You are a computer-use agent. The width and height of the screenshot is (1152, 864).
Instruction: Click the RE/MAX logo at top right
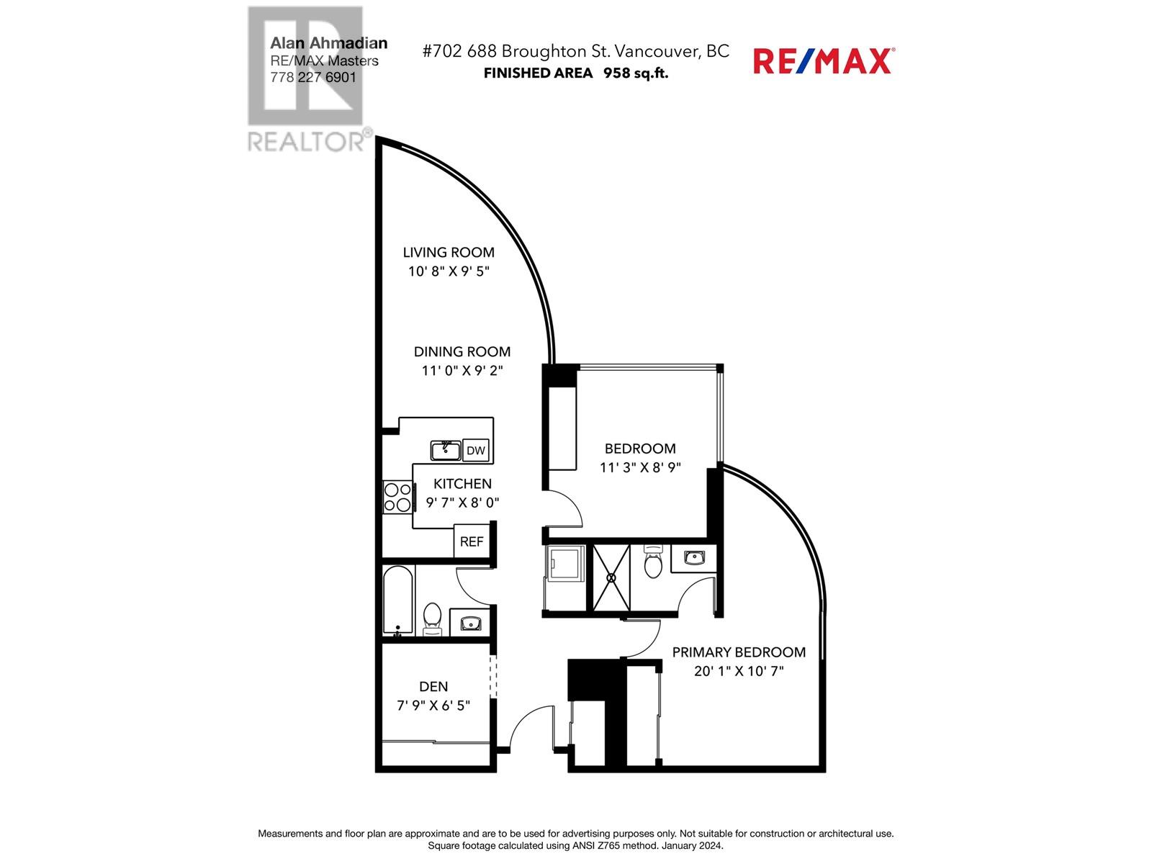click(x=823, y=60)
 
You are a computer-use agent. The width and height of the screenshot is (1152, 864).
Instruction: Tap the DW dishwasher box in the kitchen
click(x=475, y=451)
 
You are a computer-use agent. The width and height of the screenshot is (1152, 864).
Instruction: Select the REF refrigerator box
click(x=472, y=541)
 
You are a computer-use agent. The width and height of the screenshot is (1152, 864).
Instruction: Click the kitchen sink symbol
click(x=446, y=451)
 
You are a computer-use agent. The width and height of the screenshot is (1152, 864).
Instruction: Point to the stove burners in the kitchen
click(x=397, y=497)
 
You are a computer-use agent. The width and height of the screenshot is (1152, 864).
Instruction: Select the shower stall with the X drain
click(x=611, y=577)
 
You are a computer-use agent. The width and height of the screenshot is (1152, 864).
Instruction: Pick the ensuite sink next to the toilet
click(x=693, y=558)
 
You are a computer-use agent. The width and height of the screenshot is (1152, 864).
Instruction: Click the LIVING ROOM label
click(x=449, y=252)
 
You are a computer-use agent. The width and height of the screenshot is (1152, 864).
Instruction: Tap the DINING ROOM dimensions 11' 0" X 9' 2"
click(x=462, y=371)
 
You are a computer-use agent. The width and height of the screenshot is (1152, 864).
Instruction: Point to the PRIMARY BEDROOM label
click(x=739, y=652)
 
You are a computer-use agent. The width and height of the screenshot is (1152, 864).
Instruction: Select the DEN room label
click(x=433, y=687)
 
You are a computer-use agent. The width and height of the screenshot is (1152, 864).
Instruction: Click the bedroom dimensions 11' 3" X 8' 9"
click(x=640, y=467)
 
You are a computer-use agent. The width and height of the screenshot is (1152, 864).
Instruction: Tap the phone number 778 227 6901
click(x=313, y=77)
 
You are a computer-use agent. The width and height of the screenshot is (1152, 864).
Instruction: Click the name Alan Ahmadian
click(x=328, y=43)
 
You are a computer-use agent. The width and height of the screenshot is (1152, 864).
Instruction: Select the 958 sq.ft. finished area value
click(x=636, y=73)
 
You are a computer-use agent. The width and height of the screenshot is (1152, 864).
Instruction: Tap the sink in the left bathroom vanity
click(x=470, y=623)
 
